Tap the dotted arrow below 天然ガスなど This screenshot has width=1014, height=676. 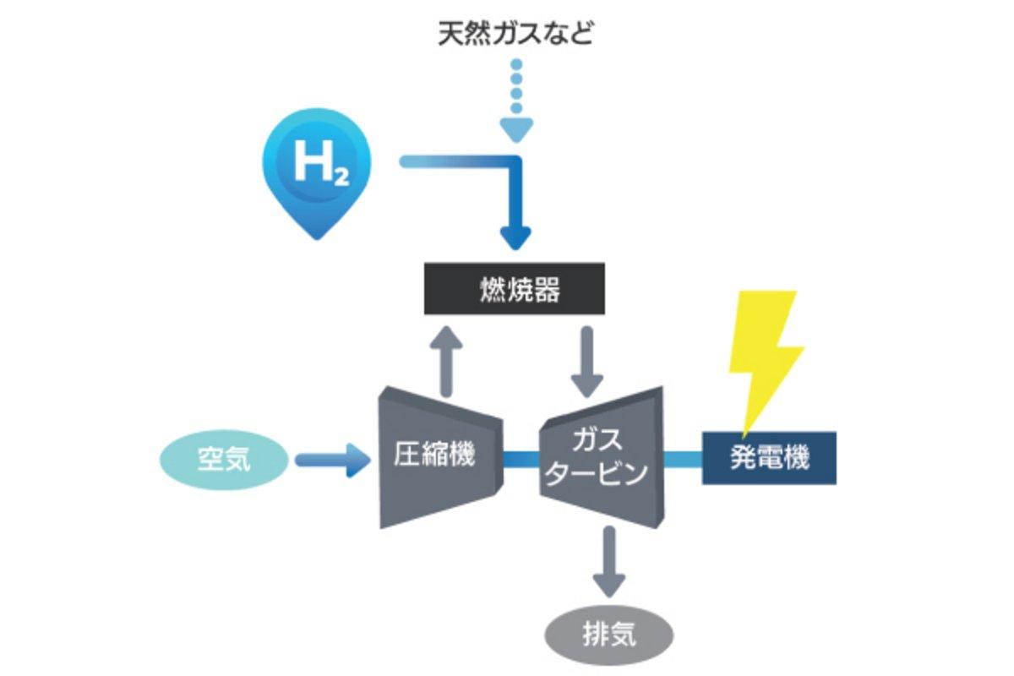[x=516, y=101]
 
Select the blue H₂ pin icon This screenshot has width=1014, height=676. [x=317, y=169]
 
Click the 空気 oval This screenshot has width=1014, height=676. [x=224, y=461]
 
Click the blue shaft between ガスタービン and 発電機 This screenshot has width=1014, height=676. [x=682, y=459]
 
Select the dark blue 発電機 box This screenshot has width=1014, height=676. [x=769, y=459]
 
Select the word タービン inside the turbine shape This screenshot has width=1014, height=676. [x=595, y=472]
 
